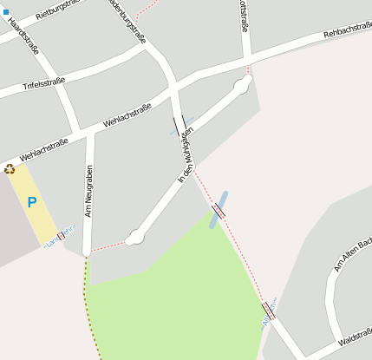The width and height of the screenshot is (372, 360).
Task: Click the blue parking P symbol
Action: [32, 203]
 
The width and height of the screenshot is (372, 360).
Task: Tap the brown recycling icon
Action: [10, 169]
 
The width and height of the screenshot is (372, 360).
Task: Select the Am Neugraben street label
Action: [88, 191]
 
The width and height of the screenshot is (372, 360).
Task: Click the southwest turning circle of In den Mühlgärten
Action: [134, 238]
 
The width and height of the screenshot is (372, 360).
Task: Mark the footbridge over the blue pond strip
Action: [219, 209]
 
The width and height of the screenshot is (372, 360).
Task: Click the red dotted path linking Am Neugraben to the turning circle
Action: [108, 245]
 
